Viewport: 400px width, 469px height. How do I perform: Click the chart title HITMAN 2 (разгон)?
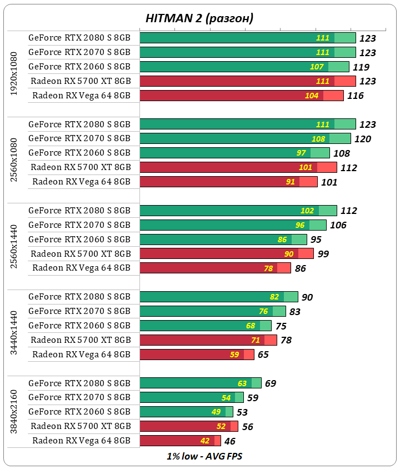click(199, 18)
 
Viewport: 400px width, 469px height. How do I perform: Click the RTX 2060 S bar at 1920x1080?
click(244, 67)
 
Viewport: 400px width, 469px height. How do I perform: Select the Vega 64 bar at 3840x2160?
click(180, 441)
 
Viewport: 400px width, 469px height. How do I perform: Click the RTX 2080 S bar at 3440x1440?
click(219, 297)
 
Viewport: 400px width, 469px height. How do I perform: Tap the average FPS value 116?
click(355, 96)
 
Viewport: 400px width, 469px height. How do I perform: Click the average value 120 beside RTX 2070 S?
click(362, 139)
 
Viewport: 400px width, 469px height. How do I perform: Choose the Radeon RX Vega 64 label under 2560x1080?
click(81, 181)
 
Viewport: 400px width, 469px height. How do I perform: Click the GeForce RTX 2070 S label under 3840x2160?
click(79, 397)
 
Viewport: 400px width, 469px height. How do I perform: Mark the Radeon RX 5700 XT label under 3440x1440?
click(81, 340)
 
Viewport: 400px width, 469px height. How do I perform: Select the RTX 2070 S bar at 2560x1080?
click(245, 138)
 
